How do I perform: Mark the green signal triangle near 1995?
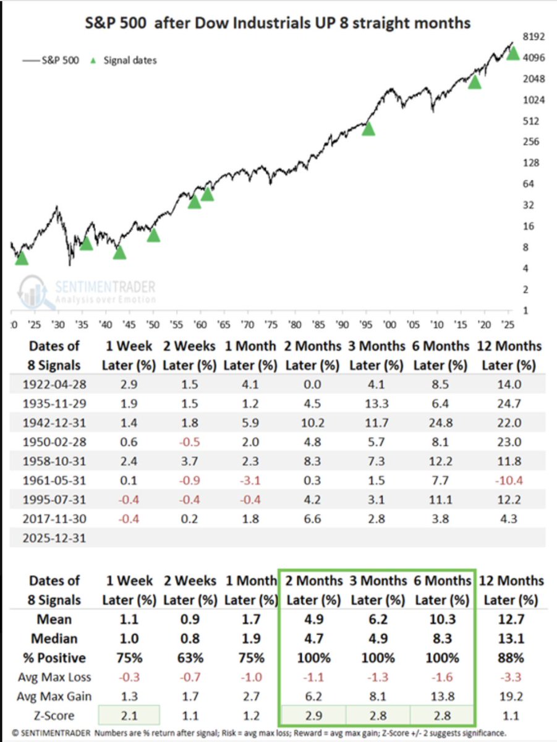coord(368,129)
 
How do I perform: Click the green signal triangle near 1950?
coord(153,235)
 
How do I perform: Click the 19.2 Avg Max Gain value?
coord(510,697)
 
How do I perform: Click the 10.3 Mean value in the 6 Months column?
coord(441,620)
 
